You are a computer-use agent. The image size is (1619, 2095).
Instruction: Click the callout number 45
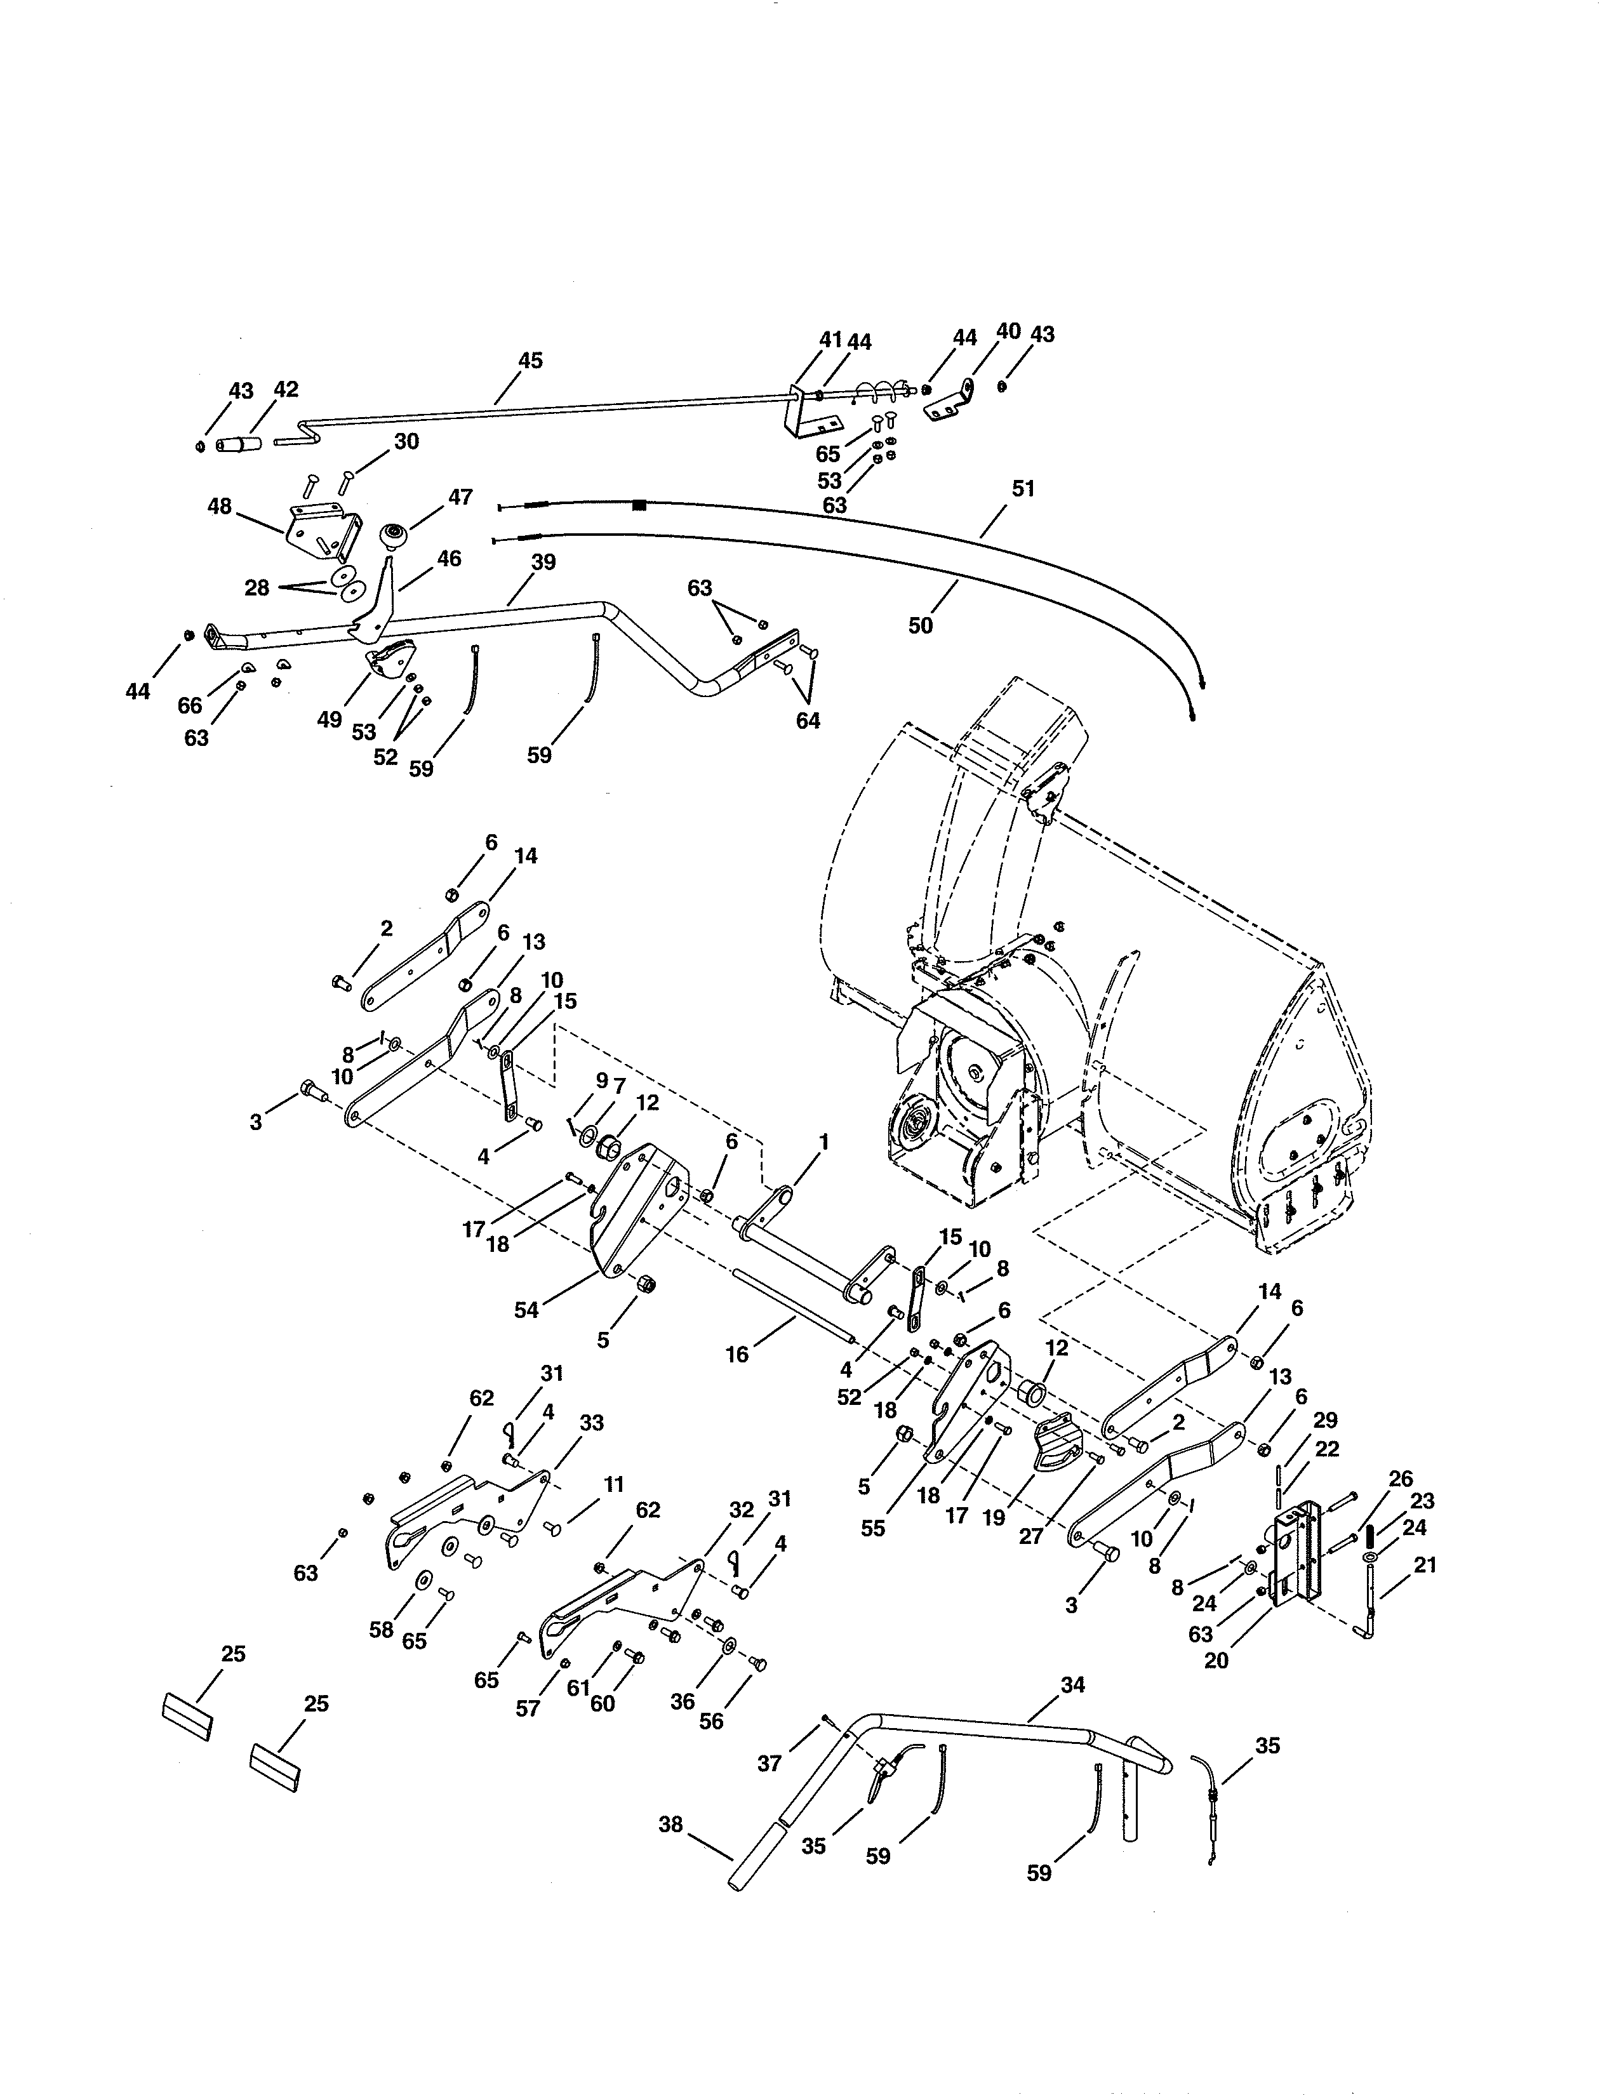tap(530, 361)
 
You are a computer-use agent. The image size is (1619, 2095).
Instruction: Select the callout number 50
tap(920, 625)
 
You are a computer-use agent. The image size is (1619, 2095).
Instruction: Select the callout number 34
tap(1072, 1684)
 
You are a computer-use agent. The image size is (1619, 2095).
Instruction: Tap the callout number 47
tap(460, 497)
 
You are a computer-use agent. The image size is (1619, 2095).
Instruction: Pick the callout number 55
tap(873, 1528)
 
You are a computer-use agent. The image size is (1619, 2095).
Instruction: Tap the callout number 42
tap(286, 389)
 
